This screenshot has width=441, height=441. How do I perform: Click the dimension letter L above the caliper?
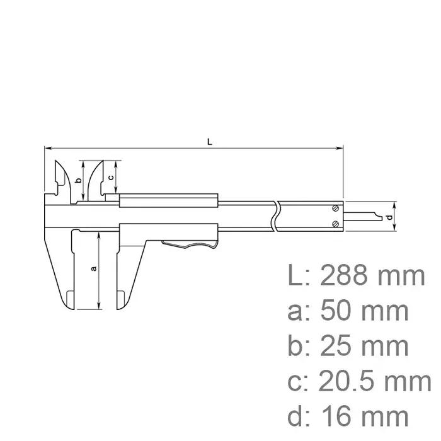[x=210, y=142]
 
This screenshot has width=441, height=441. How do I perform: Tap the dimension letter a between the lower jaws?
[x=94, y=268]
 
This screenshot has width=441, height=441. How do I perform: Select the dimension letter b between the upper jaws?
[x=77, y=181]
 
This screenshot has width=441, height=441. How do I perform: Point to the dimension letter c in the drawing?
[x=110, y=177]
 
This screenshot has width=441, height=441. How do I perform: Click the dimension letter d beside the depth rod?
[x=389, y=217]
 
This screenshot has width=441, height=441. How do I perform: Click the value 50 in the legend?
[x=335, y=311]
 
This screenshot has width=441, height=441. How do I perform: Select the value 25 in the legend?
[x=335, y=346]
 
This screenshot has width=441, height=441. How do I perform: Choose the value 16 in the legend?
[x=335, y=416]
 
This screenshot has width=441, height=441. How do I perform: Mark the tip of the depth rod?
[x=380, y=217]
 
